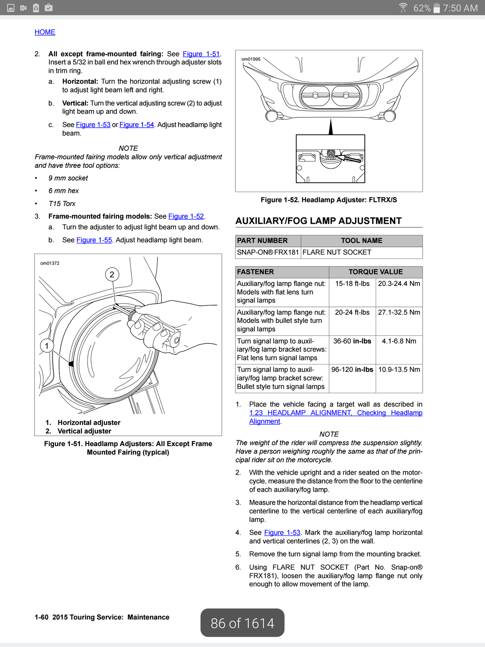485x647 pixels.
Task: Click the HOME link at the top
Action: pyautogui.click(x=45, y=32)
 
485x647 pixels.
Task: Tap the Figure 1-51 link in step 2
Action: pyautogui.click(x=201, y=54)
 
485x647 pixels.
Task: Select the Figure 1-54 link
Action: pyautogui.click(x=136, y=125)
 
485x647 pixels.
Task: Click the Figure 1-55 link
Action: pyautogui.click(x=94, y=240)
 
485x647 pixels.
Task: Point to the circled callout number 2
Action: pyautogui.click(x=112, y=275)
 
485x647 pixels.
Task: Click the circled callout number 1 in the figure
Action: pyautogui.click(x=47, y=346)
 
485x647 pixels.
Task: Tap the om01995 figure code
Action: pyautogui.click(x=251, y=59)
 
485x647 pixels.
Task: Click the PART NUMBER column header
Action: pyautogui.click(x=262, y=241)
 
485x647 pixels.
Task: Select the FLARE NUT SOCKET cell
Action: pyautogui.click(x=337, y=252)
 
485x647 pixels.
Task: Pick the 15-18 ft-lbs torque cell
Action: pyautogui.click(x=352, y=284)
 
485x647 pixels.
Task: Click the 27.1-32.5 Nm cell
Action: pyautogui.click(x=399, y=313)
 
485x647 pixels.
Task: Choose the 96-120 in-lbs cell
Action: pyautogui.click(x=352, y=370)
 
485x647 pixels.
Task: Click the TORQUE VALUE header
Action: pyautogui.click(x=375, y=272)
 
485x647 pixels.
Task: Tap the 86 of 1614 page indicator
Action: pyautogui.click(x=242, y=623)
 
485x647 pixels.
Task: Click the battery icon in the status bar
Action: pyautogui.click(x=436, y=8)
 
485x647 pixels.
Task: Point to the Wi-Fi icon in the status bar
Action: pyautogui.click(x=403, y=7)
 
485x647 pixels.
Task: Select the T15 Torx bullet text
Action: pyautogui.click(x=62, y=204)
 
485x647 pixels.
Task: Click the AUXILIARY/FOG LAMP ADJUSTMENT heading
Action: pyautogui.click(x=318, y=221)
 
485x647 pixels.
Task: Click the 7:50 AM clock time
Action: pyautogui.click(x=460, y=8)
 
